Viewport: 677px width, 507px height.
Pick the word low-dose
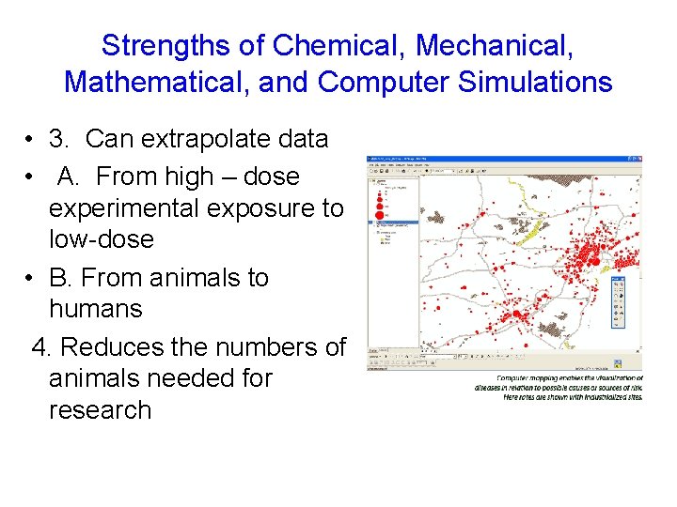coord(101,239)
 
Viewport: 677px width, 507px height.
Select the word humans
coord(95,309)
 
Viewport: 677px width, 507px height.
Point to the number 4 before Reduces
coord(40,347)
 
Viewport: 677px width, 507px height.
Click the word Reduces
coord(112,347)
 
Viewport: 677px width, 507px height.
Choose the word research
coord(100,410)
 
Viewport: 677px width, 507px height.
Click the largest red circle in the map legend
coord(380,216)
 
